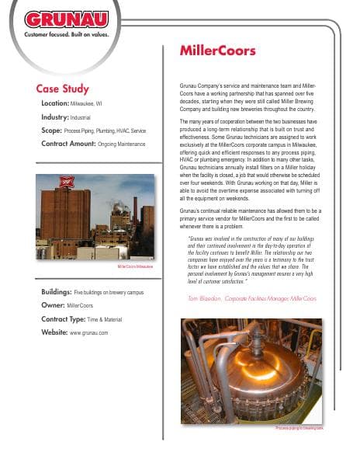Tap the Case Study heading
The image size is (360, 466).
pos(63,89)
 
